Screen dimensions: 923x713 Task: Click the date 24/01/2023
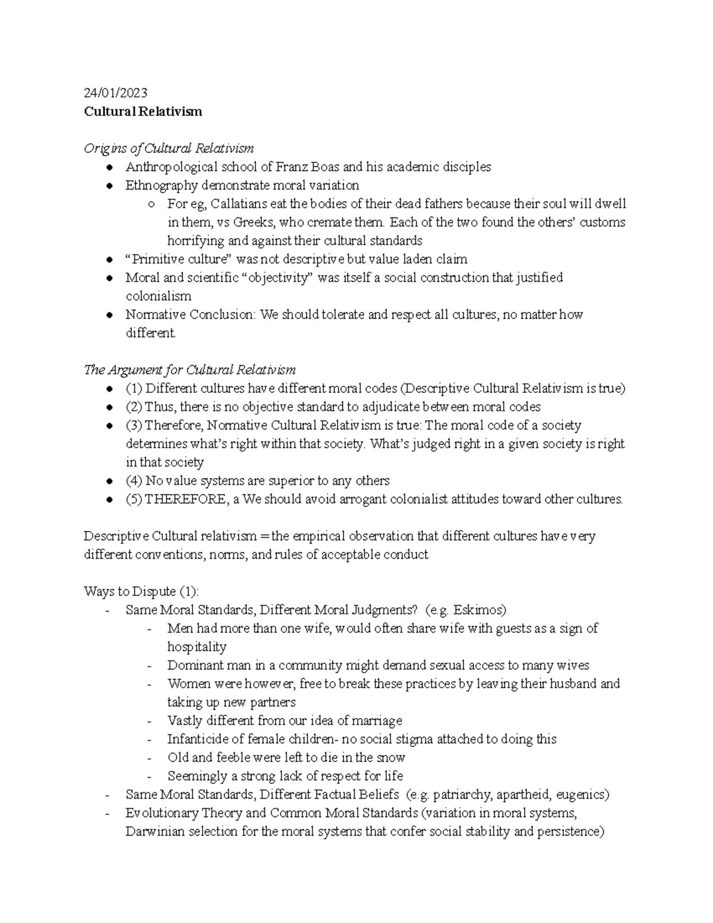pyautogui.click(x=115, y=93)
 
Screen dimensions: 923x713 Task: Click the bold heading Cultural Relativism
pyautogui.click(x=143, y=111)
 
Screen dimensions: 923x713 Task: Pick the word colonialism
pyautogui.click(x=158, y=296)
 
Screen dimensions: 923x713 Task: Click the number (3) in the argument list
pyautogui.click(x=134, y=426)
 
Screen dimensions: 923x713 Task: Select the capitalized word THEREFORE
pyautogui.click(x=186, y=499)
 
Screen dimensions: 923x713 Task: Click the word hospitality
pyautogui.click(x=197, y=647)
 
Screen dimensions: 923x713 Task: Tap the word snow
pyautogui.click(x=392, y=758)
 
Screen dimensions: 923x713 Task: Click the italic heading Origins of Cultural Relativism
pyautogui.click(x=169, y=148)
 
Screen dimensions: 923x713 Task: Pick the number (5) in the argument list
pyautogui.click(x=134, y=499)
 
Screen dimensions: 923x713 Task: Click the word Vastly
pyautogui.click(x=185, y=721)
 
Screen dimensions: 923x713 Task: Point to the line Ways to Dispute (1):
pyautogui.click(x=141, y=591)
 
